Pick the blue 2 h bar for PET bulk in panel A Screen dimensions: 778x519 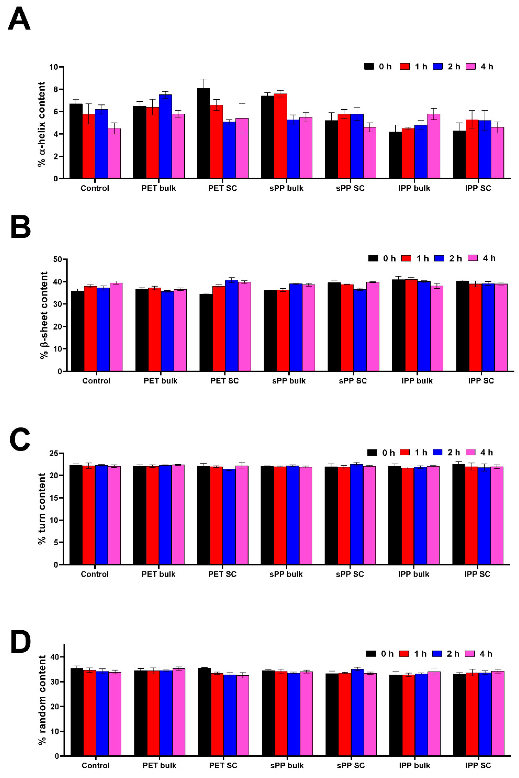tap(165, 136)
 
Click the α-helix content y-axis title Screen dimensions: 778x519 tap(41, 124)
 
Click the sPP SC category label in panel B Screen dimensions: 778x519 tap(353, 381)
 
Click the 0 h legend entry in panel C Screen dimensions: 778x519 tap(381, 453)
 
